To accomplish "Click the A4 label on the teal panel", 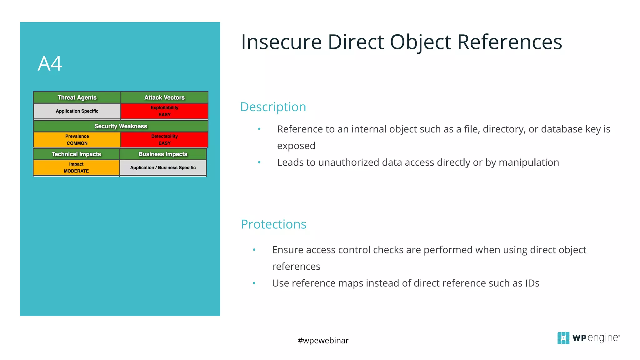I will pos(50,64).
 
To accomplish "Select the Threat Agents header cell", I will pos(77,97).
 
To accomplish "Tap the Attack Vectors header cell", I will pos(164,97).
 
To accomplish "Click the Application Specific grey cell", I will pos(77,111).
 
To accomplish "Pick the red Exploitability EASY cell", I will pos(164,111).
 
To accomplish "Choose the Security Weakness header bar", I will pos(121,126).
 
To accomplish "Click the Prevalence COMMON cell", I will pos(77,140).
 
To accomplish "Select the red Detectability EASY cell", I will pos(164,140).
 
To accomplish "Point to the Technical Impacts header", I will pos(76,154).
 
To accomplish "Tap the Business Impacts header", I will pos(163,154).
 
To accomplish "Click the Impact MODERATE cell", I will pos(76,167).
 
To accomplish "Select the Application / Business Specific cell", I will pos(163,167).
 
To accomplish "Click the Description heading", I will pos(273,107).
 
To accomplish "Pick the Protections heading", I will pos(273,224).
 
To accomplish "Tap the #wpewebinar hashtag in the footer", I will pos(323,340).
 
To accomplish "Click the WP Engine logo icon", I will pos(563,338).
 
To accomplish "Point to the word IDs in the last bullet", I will pos(532,283).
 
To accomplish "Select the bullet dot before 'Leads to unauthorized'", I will pos(259,162).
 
